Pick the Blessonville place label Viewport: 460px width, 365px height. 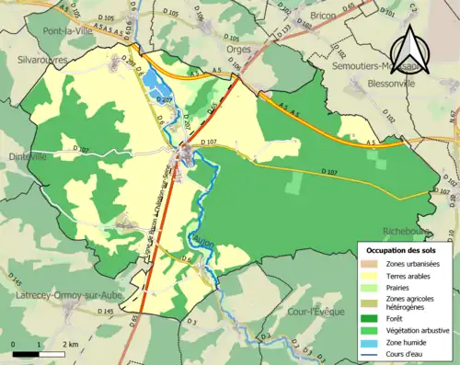418,81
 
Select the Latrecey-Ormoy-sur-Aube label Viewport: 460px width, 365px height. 57,295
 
